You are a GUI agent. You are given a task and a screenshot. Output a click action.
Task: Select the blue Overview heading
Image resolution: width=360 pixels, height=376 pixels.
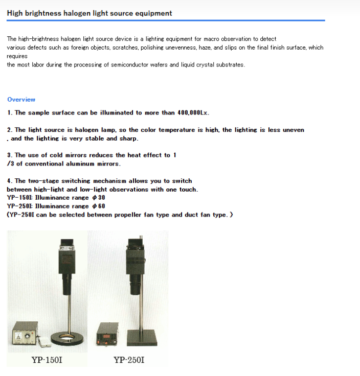coord(21,100)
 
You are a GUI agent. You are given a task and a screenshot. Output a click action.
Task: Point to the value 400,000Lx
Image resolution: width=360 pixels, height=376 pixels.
coord(193,113)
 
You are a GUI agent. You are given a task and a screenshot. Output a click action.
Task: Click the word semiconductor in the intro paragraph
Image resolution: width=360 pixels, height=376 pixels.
coord(129,65)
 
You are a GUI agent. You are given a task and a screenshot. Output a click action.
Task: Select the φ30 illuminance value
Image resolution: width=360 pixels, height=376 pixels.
coord(99,198)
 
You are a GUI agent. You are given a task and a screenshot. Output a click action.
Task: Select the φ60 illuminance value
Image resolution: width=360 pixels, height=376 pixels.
coord(99,206)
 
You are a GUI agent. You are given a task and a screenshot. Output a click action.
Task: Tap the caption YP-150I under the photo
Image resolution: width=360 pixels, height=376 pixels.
coord(47,360)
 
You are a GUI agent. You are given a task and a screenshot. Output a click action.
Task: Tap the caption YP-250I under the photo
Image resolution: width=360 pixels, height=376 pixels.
coord(129,360)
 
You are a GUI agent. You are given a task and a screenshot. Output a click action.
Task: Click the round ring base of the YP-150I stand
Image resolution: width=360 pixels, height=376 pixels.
coord(67,338)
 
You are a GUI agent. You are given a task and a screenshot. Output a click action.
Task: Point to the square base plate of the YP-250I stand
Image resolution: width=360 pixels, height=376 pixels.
coord(142,338)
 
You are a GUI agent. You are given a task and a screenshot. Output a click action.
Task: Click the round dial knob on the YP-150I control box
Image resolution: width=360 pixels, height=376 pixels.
coord(28,336)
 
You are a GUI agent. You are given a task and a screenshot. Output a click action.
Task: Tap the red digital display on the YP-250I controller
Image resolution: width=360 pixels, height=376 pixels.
coord(106,337)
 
